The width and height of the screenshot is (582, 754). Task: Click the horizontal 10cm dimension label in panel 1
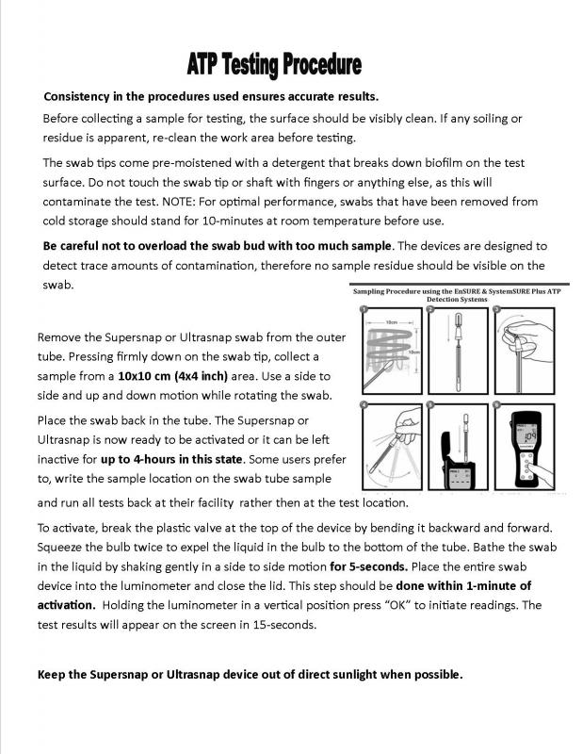387,321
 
